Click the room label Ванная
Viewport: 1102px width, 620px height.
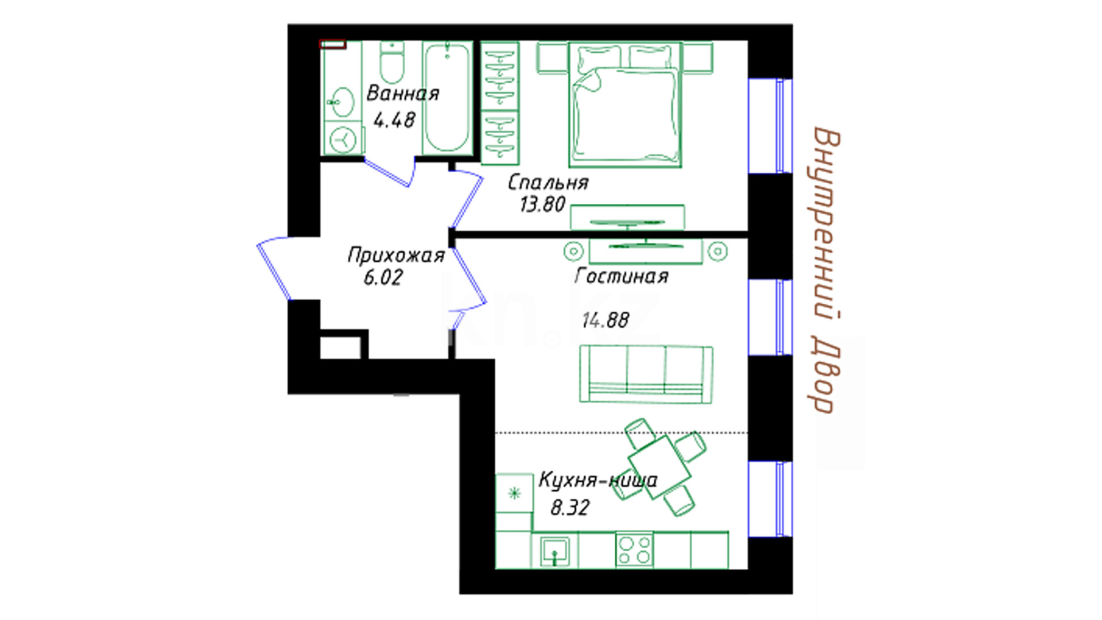(403, 93)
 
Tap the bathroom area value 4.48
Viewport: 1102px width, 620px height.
(394, 120)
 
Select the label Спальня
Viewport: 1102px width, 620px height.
(548, 183)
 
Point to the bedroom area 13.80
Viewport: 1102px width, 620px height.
(542, 204)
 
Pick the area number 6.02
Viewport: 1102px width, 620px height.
(383, 278)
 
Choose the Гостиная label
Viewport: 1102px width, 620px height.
(622, 277)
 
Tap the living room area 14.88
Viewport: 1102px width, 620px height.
(606, 320)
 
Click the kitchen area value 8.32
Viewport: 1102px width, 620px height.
(570, 508)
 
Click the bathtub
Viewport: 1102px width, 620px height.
(447, 98)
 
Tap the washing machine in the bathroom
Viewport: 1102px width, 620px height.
(344, 138)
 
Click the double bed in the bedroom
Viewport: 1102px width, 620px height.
(625, 104)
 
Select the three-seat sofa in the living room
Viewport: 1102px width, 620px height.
(646, 374)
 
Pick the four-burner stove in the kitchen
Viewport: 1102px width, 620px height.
(634, 550)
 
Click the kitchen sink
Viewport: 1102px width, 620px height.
(554, 551)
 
